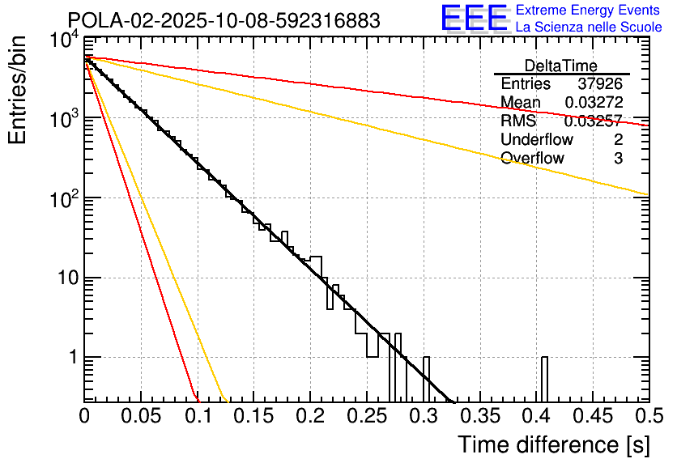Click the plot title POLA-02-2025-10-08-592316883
(224, 20)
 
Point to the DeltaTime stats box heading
(560, 66)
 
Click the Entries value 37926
(600, 84)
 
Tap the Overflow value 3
(618, 159)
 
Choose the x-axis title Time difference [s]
(553, 444)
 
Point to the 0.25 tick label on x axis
(366, 415)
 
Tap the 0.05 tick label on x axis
(141, 415)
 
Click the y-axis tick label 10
(63, 278)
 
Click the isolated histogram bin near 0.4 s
(544, 378)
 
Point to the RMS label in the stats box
(518, 121)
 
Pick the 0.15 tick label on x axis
(253, 415)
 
